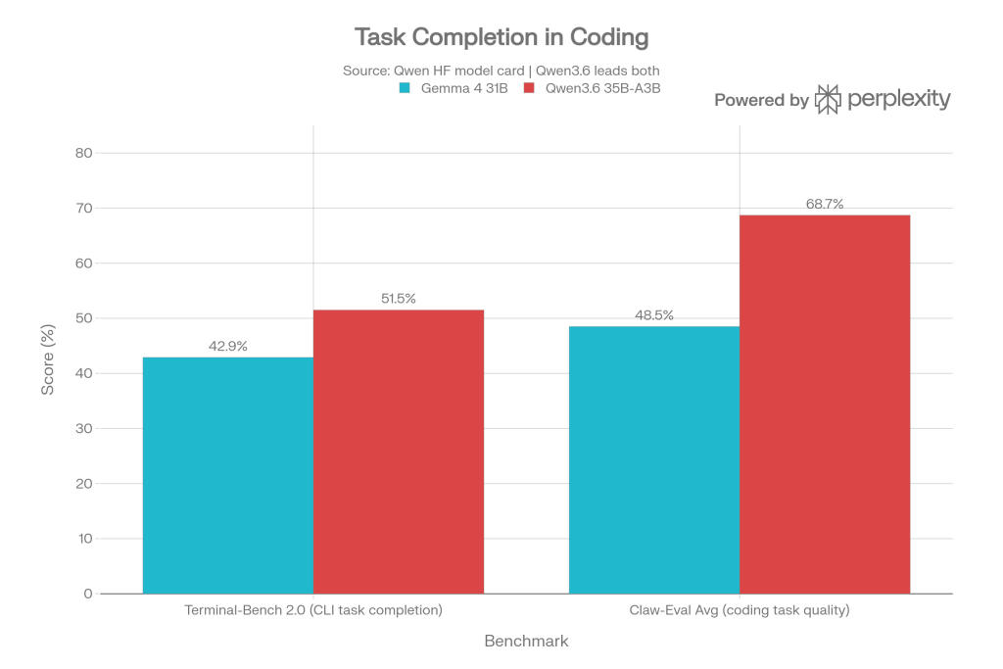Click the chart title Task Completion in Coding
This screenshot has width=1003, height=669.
[x=501, y=37]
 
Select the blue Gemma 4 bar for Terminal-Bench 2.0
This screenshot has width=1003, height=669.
[x=227, y=475]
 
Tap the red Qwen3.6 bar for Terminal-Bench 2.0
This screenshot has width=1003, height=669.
[x=399, y=451]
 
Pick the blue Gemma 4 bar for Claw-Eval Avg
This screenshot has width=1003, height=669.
[x=653, y=459]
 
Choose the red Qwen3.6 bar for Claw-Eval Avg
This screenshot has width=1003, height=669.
[x=825, y=404]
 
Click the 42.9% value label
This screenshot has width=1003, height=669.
[x=227, y=346]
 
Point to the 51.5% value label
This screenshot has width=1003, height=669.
[x=398, y=299]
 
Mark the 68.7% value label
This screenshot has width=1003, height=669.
[x=825, y=204]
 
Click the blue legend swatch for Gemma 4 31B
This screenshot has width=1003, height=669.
[x=403, y=88]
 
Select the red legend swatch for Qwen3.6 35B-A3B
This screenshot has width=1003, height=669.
[x=529, y=88]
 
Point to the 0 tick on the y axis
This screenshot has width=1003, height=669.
[x=88, y=594]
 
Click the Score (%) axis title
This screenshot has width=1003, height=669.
[x=47, y=373]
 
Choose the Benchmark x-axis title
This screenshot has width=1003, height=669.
[x=526, y=641]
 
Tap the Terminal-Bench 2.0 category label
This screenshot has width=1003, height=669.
[x=313, y=611]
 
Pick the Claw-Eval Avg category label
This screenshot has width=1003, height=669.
[x=739, y=611]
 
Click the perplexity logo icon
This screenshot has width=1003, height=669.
[x=829, y=99]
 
